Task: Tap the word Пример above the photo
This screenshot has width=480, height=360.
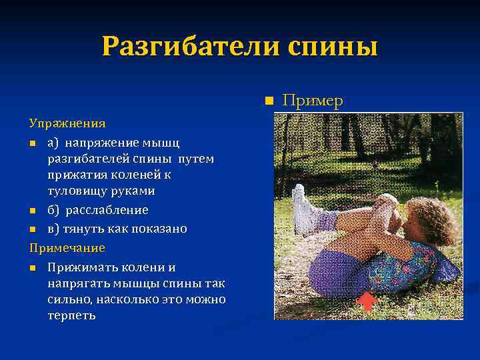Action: [x=313, y=101]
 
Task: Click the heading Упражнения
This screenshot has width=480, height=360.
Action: [x=67, y=123]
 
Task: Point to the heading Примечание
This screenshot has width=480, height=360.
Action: [x=67, y=247]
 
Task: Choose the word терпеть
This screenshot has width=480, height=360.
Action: [x=71, y=315]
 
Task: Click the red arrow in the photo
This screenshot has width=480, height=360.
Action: [x=366, y=301]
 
